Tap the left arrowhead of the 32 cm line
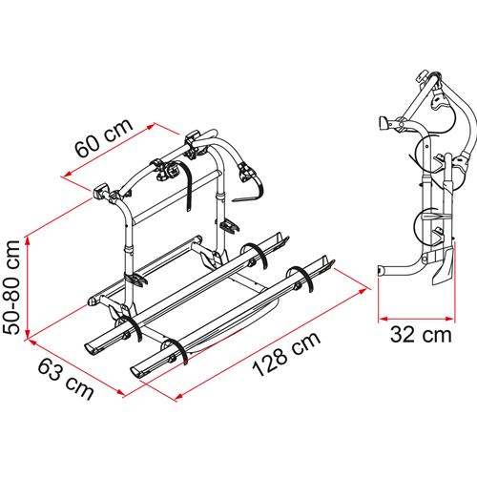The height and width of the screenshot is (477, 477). coord(381,315)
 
